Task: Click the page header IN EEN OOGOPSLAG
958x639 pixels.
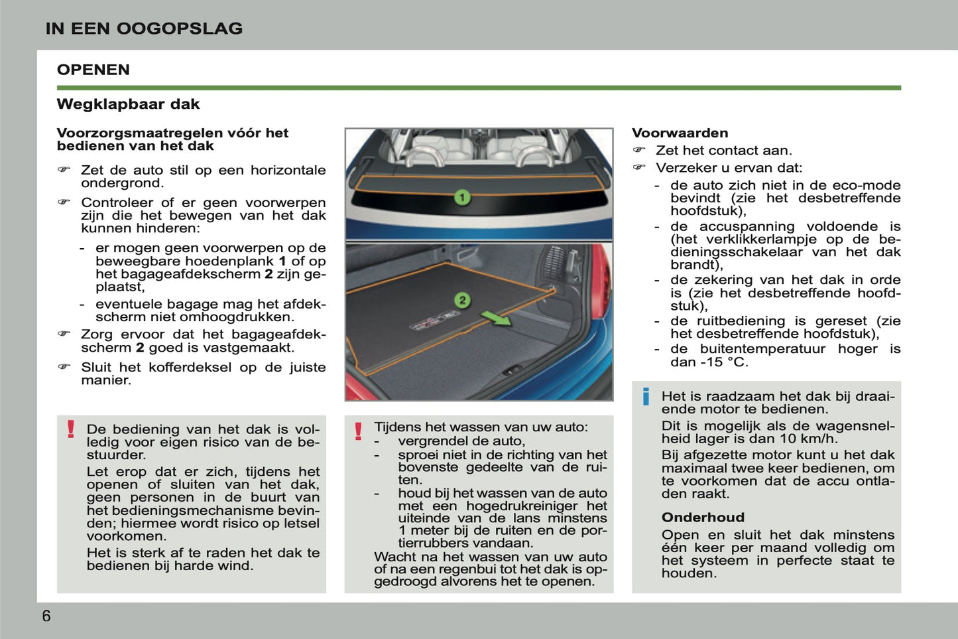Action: coord(144,29)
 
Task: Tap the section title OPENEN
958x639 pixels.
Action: coord(93,70)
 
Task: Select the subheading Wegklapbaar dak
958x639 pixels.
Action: coord(128,104)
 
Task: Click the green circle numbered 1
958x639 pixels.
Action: coord(462,197)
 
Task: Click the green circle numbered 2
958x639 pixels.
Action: coord(462,300)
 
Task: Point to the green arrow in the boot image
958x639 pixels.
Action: coord(496,319)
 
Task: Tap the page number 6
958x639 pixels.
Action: coord(46,616)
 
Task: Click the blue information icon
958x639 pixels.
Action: coord(646,397)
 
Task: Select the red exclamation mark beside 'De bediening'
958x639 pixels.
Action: coord(71,429)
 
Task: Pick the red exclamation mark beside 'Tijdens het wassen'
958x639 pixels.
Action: coord(358,431)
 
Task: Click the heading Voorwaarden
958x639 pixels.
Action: coord(680,133)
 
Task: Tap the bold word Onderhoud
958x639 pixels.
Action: coord(703,518)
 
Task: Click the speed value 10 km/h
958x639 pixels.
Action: coord(808,439)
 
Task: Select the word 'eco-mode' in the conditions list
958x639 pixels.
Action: coord(868,185)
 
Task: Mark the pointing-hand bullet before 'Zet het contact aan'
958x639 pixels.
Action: coord(639,151)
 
